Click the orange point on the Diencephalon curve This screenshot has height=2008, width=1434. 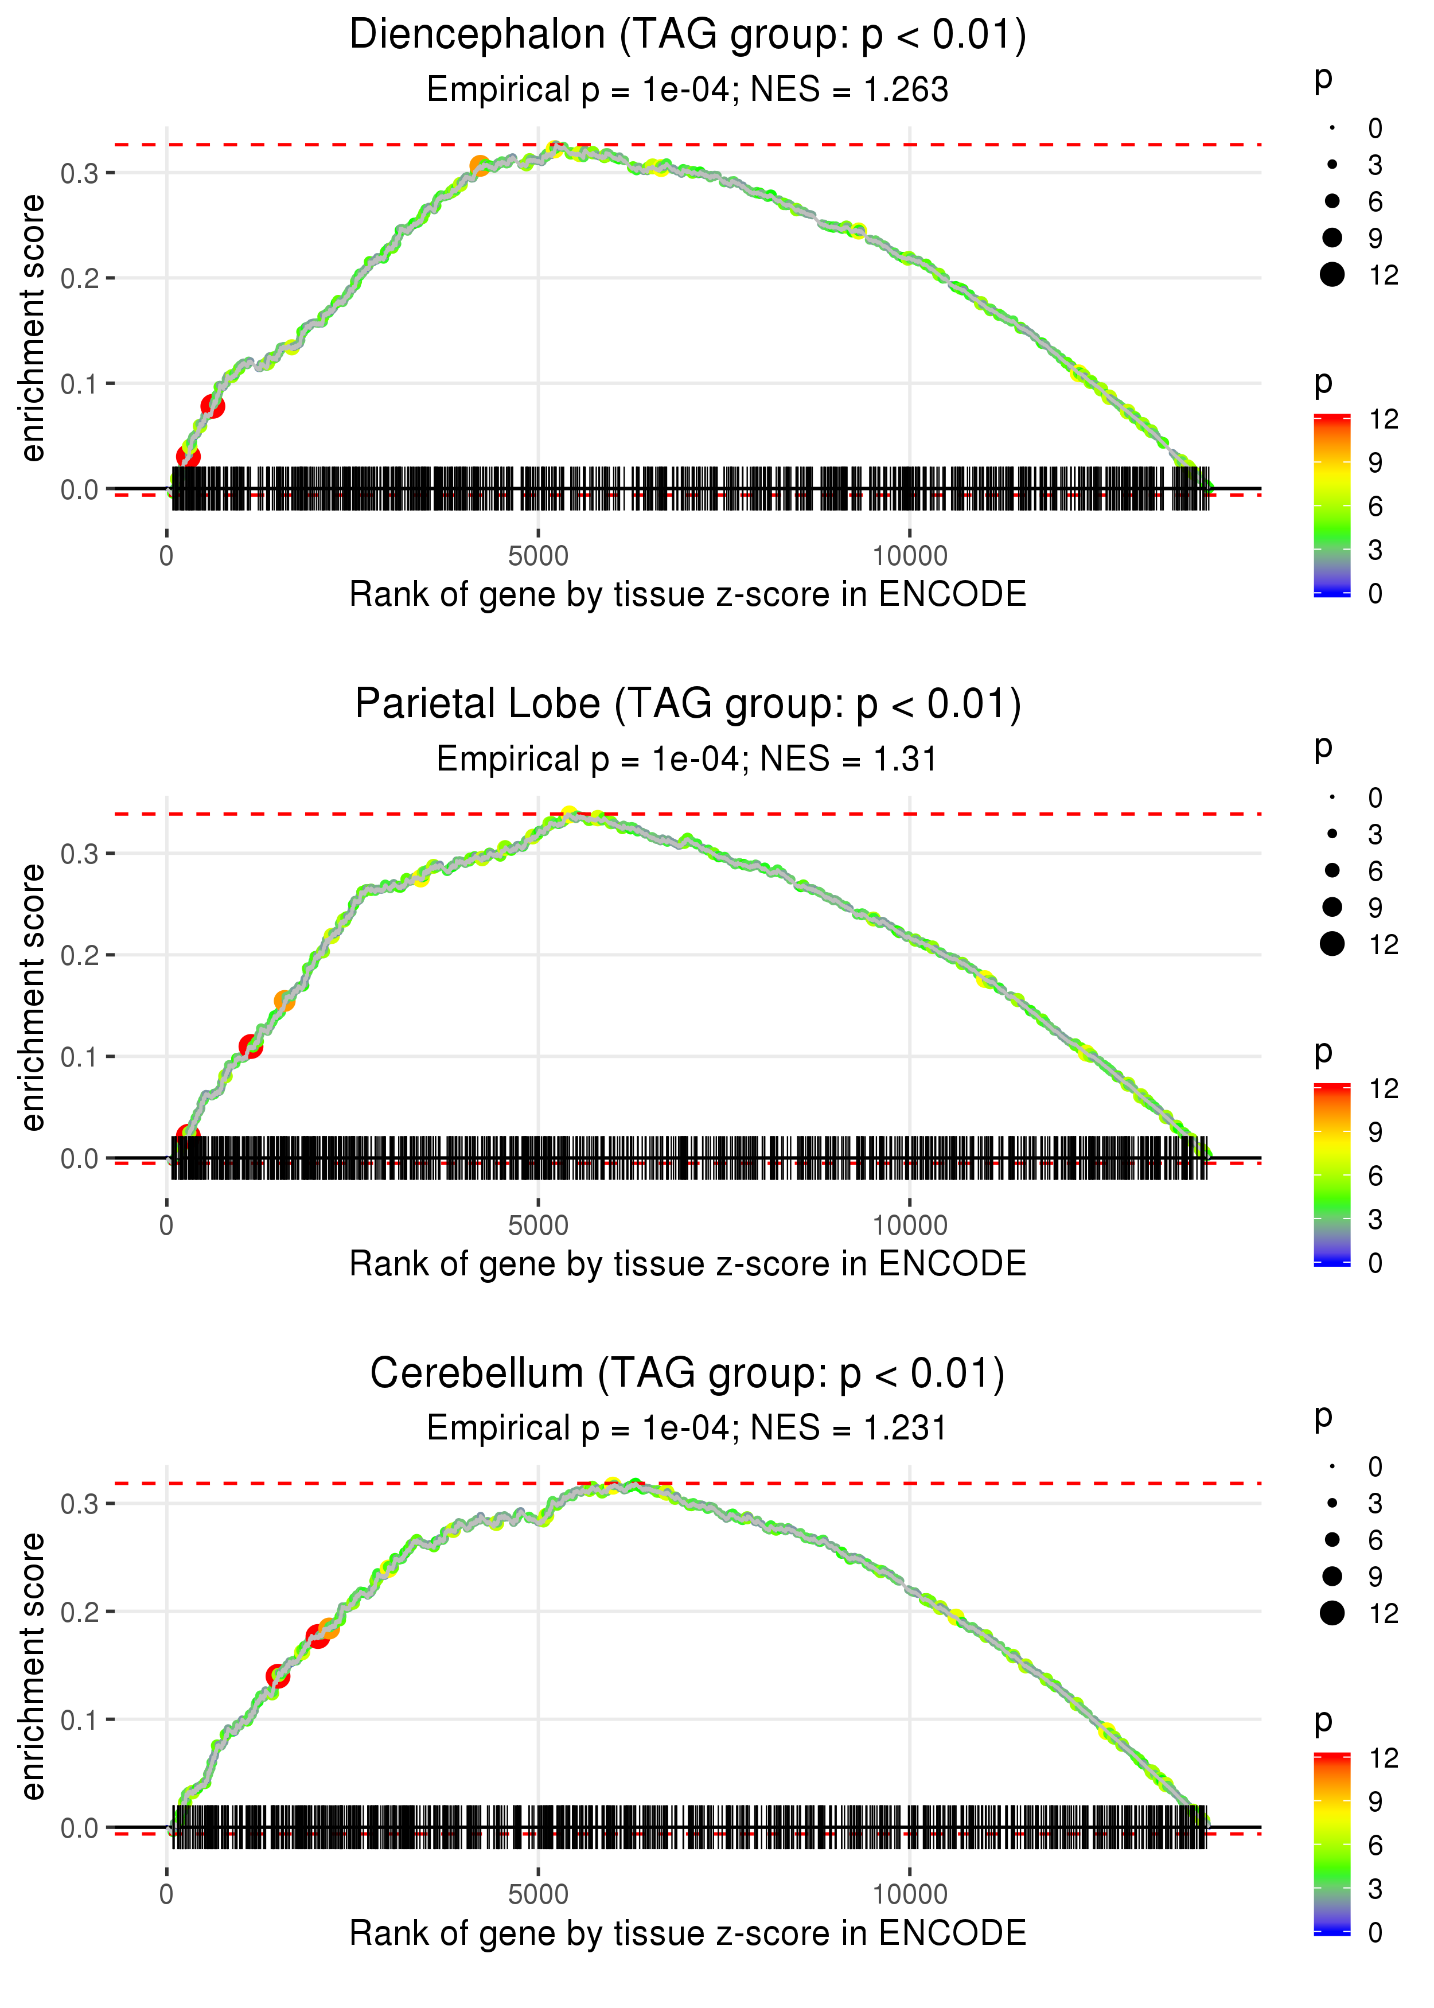click(480, 166)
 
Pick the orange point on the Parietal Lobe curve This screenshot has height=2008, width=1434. click(285, 1001)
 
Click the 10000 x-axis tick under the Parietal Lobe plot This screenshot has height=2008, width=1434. click(910, 1225)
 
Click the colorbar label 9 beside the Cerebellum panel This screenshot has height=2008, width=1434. click(1375, 1801)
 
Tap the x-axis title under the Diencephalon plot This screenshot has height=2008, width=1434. click(687, 594)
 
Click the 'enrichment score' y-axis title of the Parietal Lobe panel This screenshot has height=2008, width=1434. click(33, 997)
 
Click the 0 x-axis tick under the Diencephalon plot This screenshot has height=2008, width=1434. click(167, 557)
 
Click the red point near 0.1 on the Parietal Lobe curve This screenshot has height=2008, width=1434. click(251, 1046)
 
